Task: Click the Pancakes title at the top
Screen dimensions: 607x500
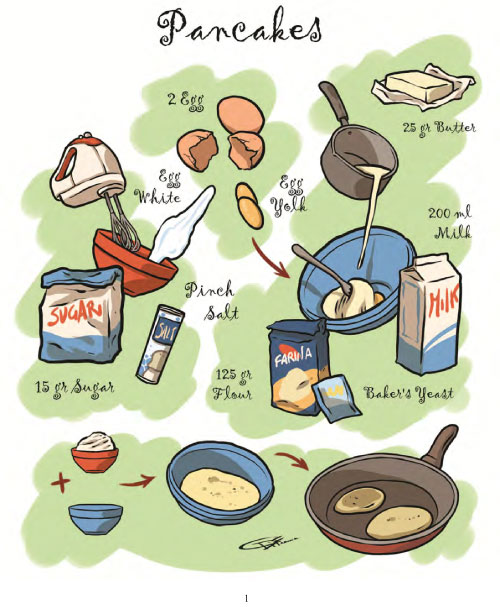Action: pos(245,31)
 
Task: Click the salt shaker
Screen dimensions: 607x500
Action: pos(161,344)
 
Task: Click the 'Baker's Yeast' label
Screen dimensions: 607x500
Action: pos(409,393)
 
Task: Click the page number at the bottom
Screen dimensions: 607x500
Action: pos(246,597)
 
